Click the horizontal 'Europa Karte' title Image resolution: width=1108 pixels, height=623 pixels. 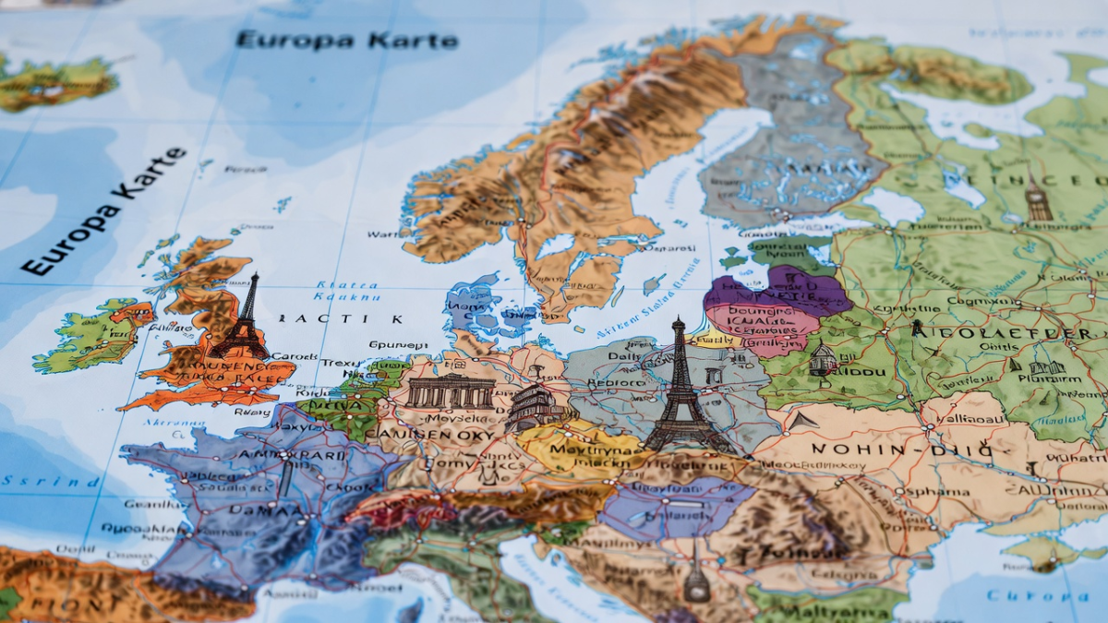[346, 41]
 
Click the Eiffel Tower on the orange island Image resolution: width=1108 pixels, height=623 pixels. [242, 317]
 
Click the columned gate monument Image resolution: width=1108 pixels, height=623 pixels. [451, 391]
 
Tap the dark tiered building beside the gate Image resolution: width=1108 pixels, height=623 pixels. [533, 407]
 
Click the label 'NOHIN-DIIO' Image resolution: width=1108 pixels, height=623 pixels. [901, 450]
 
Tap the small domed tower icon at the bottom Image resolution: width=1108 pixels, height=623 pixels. [696, 582]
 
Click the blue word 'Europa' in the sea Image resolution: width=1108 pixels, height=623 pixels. [1038, 595]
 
